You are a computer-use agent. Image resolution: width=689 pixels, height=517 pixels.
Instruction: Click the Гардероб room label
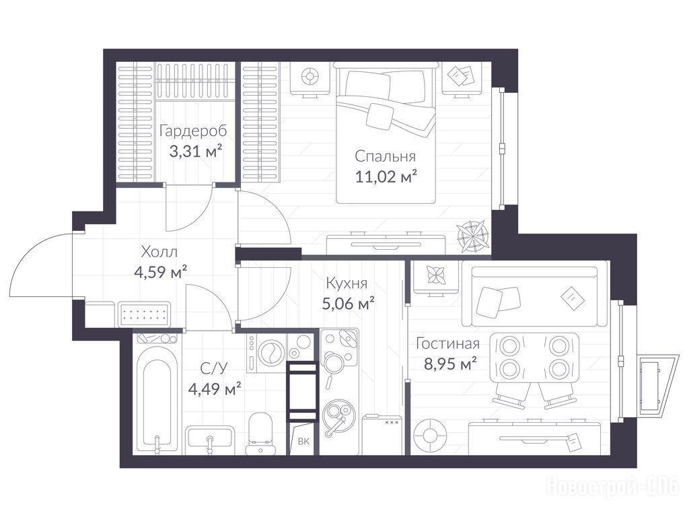coord(193,131)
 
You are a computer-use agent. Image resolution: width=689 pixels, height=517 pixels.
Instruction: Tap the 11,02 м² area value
coord(386,176)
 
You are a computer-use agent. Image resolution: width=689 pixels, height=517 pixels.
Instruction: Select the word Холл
coord(159,252)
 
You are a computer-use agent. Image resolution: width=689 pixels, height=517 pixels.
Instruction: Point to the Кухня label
coord(347,283)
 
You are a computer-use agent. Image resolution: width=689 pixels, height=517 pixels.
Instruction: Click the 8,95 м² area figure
coord(450,363)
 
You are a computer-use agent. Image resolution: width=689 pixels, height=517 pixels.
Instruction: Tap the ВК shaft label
coord(303,442)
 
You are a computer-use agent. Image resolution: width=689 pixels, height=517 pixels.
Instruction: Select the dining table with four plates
coord(534,357)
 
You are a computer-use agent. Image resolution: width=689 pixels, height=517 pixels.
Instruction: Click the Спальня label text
coord(386,156)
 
